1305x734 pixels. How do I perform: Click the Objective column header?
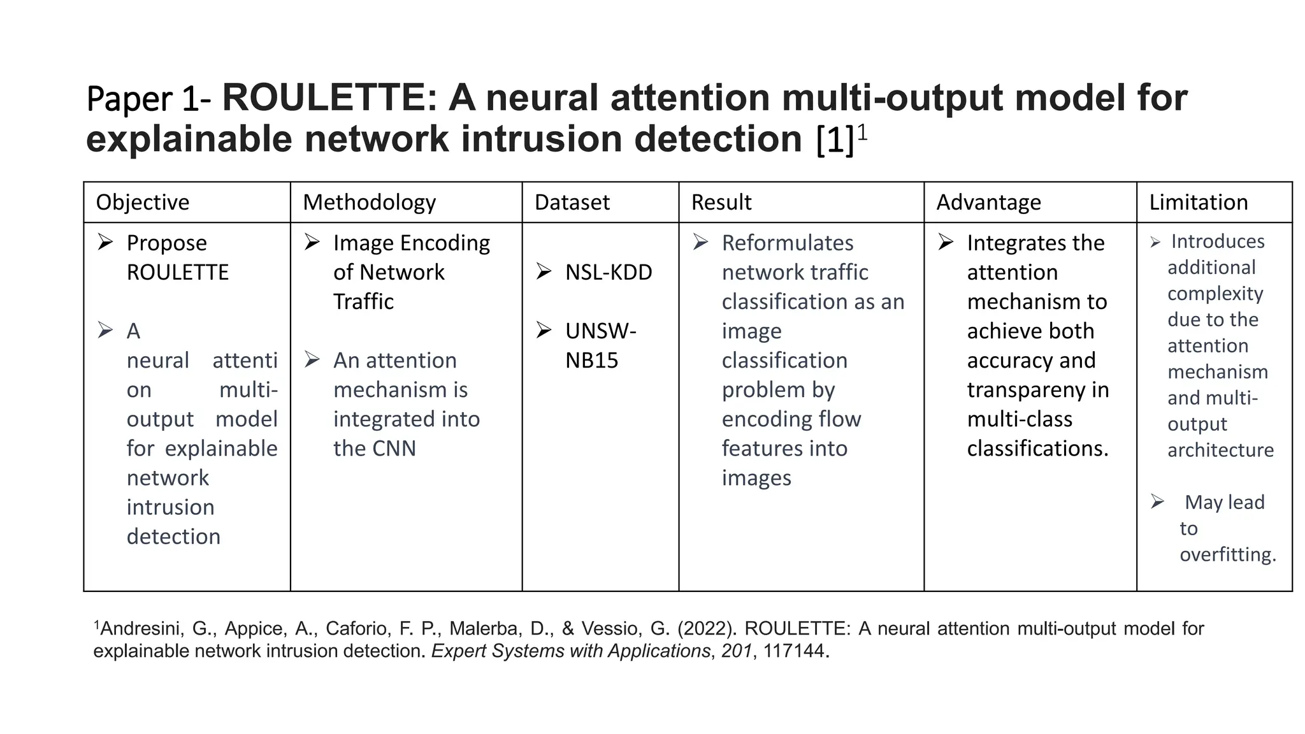(142, 202)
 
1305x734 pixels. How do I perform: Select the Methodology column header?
(369, 202)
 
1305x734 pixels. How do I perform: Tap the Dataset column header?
(572, 202)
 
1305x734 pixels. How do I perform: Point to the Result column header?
(721, 202)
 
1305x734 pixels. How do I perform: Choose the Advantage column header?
(988, 202)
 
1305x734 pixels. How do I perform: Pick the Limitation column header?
(1198, 202)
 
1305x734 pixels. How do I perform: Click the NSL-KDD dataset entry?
(609, 272)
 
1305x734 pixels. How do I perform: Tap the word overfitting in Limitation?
(1227, 554)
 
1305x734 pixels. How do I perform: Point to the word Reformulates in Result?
(787, 243)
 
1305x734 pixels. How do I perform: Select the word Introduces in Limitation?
(1217, 241)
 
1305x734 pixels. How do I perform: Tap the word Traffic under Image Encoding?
(363, 301)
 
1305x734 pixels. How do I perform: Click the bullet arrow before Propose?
(105, 242)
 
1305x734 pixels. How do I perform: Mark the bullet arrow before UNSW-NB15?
(544, 330)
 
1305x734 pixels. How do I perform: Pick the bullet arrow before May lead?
(1158, 501)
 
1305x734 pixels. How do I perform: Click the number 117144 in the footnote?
(793, 651)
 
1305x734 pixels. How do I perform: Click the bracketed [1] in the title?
(835, 140)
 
